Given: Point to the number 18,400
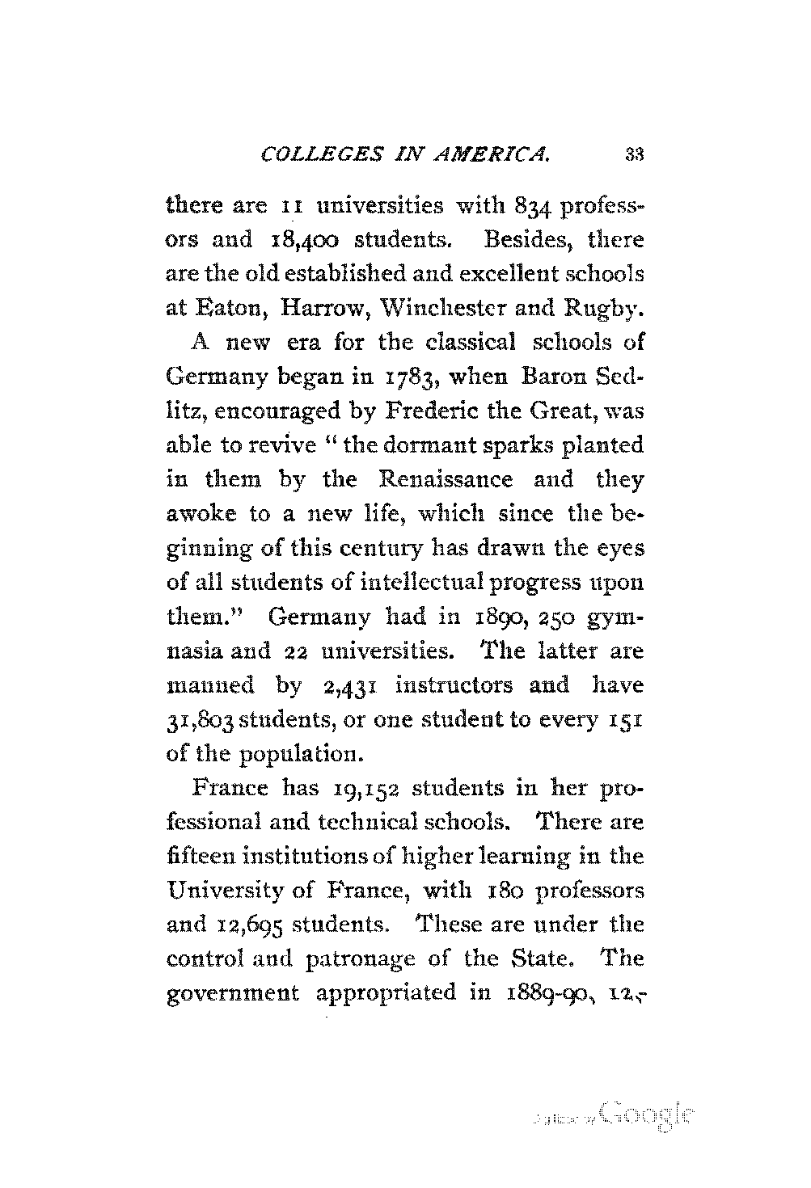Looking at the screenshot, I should pyautogui.click(x=304, y=240).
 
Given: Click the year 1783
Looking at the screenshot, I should pyautogui.click(x=409, y=377).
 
